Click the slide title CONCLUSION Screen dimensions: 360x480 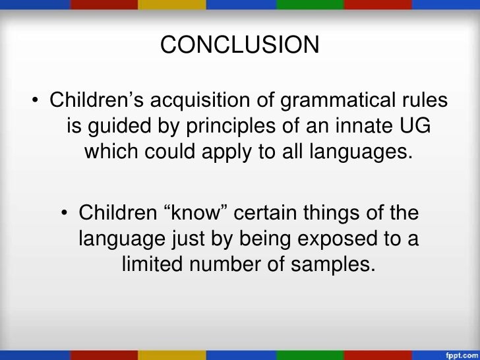point(240,45)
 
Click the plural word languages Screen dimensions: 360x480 point(365,152)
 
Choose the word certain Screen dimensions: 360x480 point(272,214)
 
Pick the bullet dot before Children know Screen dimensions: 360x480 point(65,214)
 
